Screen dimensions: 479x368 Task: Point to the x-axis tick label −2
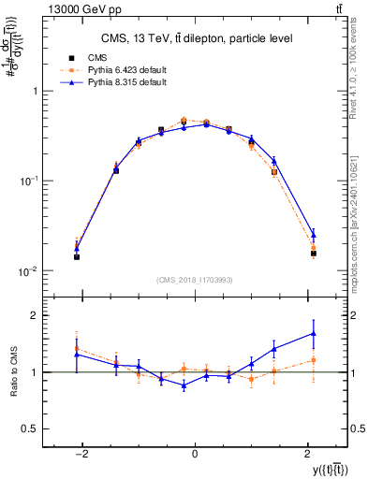pos(81,454)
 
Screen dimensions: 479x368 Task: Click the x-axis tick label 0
pos(194,454)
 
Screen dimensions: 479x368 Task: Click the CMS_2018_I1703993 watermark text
pos(195,280)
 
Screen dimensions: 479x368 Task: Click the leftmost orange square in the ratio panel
pos(77,348)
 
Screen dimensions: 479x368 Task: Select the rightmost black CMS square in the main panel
pos(314,253)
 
